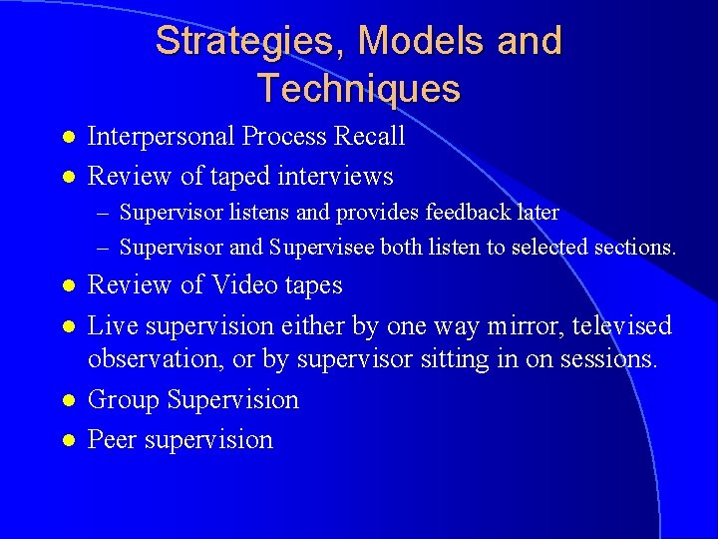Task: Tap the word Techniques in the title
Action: click(358, 89)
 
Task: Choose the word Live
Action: click(112, 325)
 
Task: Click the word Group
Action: click(124, 399)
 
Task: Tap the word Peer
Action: click(113, 439)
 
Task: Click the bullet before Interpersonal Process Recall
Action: click(67, 137)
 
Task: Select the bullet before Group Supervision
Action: click(67, 400)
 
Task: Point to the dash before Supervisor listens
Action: click(104, 213)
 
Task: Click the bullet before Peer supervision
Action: click(67, 440)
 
